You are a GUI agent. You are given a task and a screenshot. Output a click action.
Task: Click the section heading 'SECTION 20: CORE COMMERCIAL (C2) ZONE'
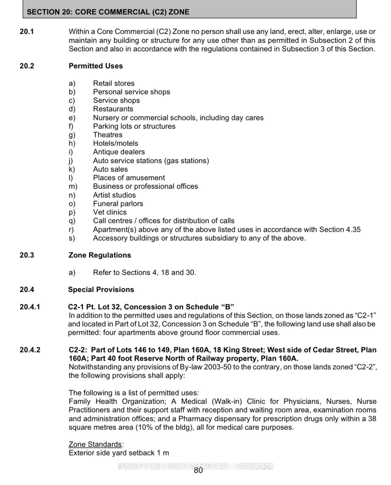click(x=108, y=12)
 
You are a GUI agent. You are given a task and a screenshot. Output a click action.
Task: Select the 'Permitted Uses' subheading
click(x=96, y=66)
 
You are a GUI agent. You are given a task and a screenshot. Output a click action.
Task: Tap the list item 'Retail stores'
click(x=114, y=83)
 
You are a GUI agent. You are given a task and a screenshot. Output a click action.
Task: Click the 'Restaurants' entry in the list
click(x=113, y=109)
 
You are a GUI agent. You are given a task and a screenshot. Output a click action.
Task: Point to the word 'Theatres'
click(x=108, y=135)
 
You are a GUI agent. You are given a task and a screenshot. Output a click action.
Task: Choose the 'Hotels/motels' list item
click(x=116, y=143)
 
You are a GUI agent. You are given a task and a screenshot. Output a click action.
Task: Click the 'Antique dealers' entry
click(x=119, y=152)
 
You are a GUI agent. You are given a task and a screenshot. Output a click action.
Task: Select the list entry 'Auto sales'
click(x=110, y=169)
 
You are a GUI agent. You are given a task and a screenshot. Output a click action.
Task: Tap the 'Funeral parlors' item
click(x=118, y=204)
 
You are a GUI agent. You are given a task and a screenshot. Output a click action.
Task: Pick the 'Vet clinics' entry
click(x=110, y=212)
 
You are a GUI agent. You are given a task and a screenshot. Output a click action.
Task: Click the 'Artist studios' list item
click(x=114, y=195)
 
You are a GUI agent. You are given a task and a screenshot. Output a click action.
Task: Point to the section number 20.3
click(x=27, y=255)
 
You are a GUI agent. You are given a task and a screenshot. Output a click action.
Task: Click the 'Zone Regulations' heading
click(x=100, y=255)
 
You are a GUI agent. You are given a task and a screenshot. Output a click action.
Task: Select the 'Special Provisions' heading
click(x=101, y=289)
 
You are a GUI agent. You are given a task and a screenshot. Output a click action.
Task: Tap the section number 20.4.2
click(x=30, y=350)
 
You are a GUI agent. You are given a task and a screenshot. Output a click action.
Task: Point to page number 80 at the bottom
click(x=198, y=470)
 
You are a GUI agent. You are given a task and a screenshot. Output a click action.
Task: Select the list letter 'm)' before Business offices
click(x=73, y=186)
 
